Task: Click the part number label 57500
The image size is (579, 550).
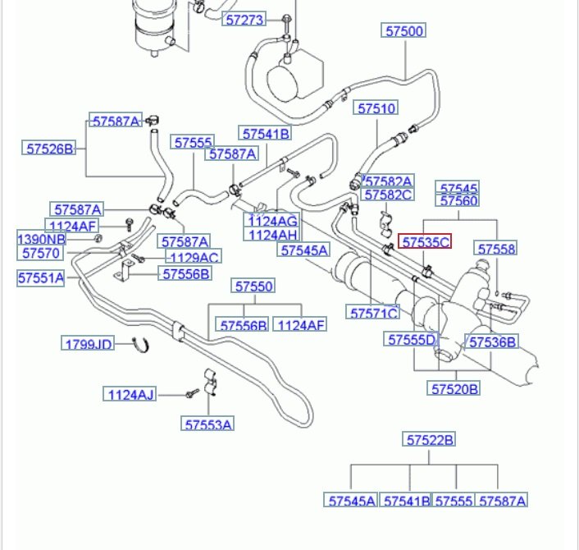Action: [x=405, y=31]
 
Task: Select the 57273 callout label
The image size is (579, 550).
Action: [x=244, y=18]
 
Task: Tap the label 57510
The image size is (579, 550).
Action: [x=376, y=108]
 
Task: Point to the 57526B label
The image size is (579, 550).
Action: [x=49, y=149]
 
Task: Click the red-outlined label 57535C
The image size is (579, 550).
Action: [x=425, y=241]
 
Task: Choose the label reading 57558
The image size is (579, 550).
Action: [x=497, y=248]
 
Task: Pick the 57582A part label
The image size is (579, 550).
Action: [x=389, y=181]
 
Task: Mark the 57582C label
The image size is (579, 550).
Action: [x=389, y=195]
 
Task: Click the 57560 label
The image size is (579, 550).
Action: [x=459, y=201]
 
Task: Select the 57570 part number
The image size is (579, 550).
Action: [x=41, y=253]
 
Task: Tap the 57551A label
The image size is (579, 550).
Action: [x=41, y=277]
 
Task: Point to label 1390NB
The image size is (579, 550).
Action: [x=41, y=239]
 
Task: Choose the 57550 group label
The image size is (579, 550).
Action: [x=254, y=286]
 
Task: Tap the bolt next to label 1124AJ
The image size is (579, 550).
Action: [x=191, y=395]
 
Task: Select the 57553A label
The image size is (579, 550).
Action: [x=208, y=424]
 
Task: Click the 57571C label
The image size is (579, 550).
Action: [x=374, y=313]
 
